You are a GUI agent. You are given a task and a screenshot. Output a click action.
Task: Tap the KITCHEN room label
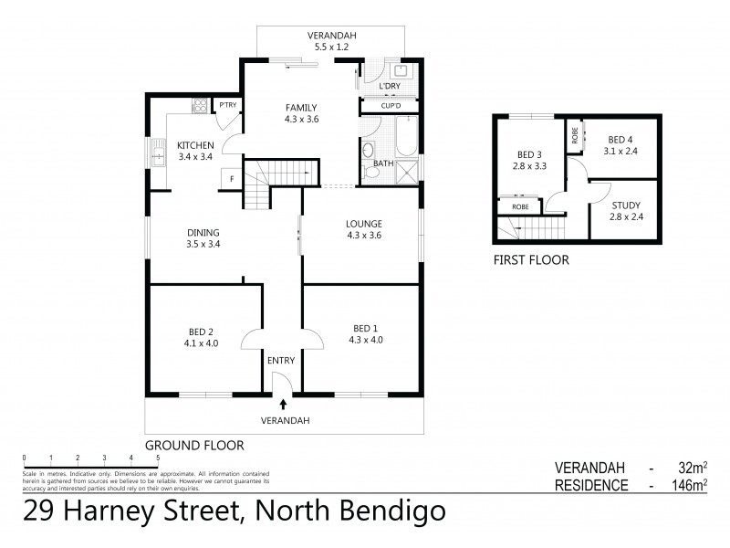195,145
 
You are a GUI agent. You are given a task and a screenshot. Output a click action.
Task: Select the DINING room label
203,231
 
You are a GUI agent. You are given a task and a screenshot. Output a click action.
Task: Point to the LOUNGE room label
362,224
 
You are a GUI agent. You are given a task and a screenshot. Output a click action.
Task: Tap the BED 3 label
529,155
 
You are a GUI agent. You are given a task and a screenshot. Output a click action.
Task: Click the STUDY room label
626,205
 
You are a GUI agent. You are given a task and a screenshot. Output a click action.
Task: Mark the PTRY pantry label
225,106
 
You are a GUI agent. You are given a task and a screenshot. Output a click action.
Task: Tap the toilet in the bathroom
370,151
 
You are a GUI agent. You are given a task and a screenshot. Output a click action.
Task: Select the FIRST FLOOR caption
530,260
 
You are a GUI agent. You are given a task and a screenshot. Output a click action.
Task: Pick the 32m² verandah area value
693,467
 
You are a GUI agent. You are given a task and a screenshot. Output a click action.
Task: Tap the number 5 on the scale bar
158,458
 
